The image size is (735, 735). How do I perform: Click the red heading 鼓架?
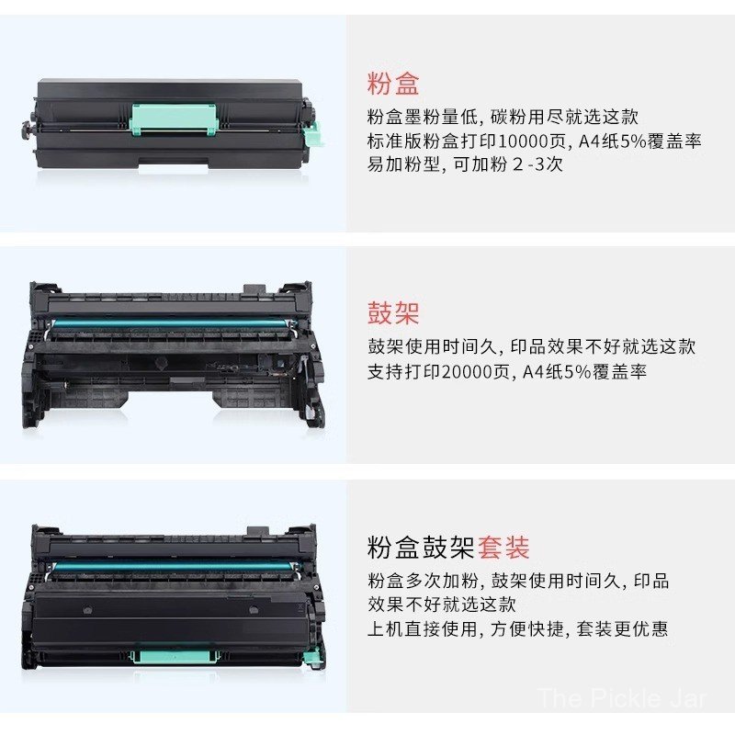pos(393,312)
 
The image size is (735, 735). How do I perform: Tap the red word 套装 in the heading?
pos(503,548)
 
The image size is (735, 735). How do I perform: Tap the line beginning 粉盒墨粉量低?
pos(502,117)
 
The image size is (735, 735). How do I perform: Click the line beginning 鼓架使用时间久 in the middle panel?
pos(531,346)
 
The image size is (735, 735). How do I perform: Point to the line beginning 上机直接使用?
pos(517,628)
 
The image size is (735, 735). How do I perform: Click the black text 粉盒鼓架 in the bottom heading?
pos(421,548)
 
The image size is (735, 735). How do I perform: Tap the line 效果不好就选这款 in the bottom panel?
pos(441,605)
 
